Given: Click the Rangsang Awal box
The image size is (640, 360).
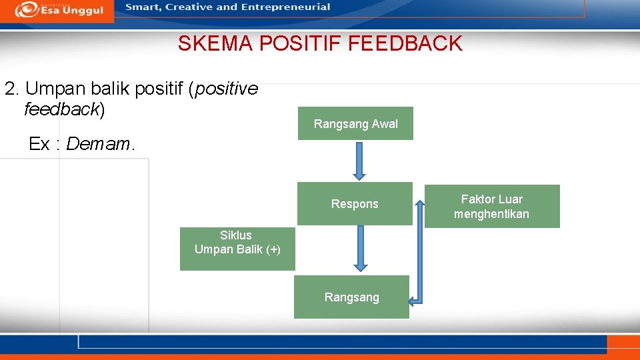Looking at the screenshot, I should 355,123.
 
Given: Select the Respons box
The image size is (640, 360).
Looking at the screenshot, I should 355,203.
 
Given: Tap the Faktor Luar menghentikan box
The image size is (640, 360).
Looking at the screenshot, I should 491,207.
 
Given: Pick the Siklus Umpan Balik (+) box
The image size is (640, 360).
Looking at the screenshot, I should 237,248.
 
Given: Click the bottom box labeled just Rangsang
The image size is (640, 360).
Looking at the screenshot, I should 351,297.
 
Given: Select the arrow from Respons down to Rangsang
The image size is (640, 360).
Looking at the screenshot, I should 361,248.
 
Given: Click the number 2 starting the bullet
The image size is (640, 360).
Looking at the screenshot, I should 9,89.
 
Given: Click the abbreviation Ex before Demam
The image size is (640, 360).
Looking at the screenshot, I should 39,144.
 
